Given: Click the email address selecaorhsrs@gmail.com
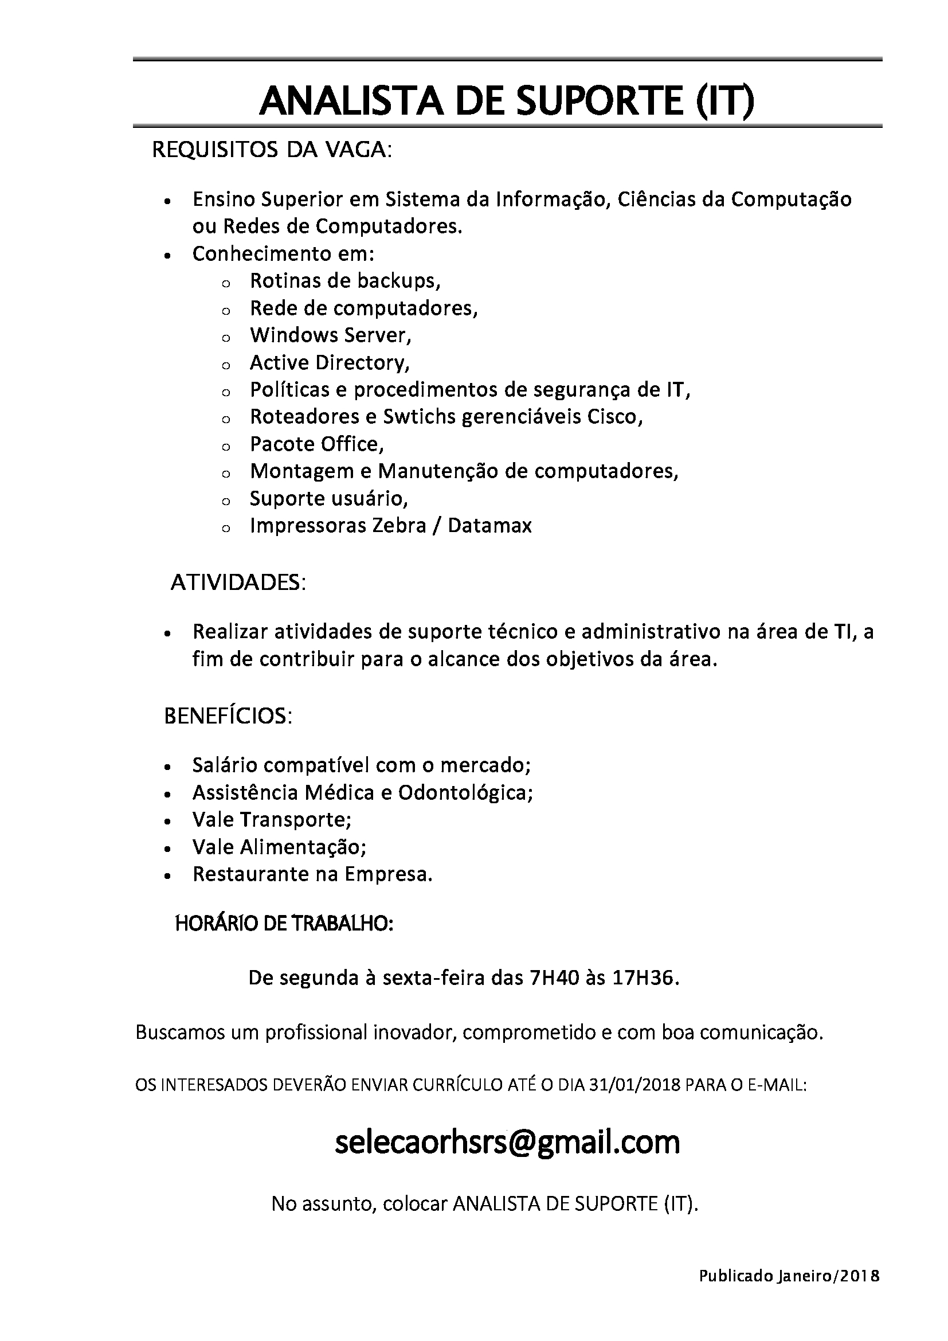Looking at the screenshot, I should [507, 1142].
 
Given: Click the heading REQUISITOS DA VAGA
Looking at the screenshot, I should [272, 150].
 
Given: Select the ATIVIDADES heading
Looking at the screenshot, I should [238, 583].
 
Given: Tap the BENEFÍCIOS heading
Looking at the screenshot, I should [228, 716].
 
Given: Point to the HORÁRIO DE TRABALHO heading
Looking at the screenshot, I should [284, 924].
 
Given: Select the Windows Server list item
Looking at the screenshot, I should [330, 335].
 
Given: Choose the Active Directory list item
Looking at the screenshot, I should [330, 363].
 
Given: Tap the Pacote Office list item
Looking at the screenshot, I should [317, 444].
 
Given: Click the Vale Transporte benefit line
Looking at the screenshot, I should [272, 819].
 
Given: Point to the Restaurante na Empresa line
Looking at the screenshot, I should [312, 874].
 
